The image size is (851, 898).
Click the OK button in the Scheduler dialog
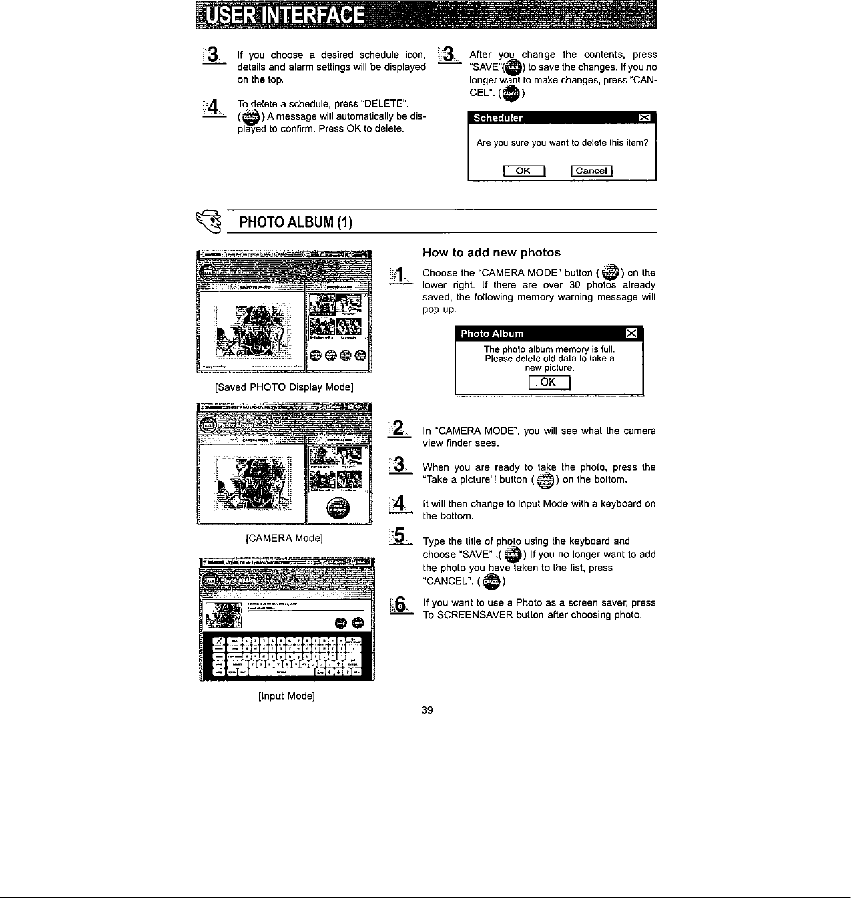click(524, 170)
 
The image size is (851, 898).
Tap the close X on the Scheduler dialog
click(644, 118)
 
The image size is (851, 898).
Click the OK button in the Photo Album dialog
click(548, 382)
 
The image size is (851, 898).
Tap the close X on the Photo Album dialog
click(631, 334)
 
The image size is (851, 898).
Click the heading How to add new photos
click(491, 252)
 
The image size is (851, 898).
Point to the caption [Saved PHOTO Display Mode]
click(284, 387)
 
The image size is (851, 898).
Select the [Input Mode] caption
click(286, 696)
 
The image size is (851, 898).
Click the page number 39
click(428, 710)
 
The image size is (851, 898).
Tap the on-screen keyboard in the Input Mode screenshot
click(286, 656)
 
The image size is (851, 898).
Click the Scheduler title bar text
click(498, 118)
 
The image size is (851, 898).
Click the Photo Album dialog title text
click(493, 334)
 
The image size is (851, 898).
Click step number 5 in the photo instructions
click(400, 536)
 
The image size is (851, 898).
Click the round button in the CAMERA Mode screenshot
click(338, 509)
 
